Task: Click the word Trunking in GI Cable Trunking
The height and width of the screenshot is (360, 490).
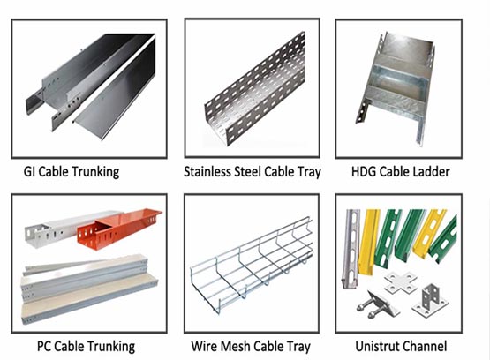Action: [95, 172]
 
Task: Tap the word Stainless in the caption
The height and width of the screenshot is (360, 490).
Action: [207, 172]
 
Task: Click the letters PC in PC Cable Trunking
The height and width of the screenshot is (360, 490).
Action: [44, 346]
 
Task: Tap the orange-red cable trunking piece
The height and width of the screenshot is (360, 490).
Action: [119, 229]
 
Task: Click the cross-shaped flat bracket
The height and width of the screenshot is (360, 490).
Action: [401, 282]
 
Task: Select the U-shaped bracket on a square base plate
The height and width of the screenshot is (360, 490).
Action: [431, 300]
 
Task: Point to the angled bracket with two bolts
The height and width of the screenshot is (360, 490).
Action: [377, 304]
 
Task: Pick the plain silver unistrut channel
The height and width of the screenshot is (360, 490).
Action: [351, 248]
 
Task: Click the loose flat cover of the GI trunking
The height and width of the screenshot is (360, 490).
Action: [116, 91]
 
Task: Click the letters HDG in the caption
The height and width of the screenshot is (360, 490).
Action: [364, 172]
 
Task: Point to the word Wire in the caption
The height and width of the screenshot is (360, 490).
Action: [204, 346]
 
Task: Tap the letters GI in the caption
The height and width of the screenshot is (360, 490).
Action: [30, 172]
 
